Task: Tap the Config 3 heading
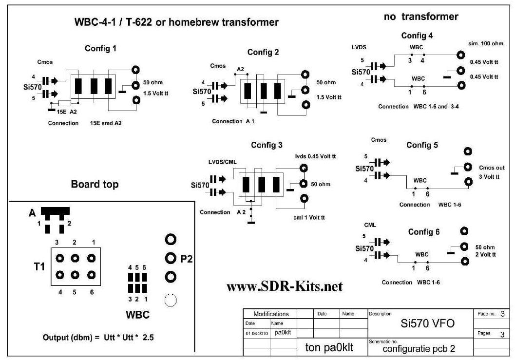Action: coord(267,145)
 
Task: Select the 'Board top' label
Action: coord(94,184)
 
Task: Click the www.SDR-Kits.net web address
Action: coord(285,286)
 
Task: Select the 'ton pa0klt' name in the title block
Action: coord(329,347)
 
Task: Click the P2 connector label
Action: coord(187,259)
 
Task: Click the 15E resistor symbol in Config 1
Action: coord(65,103)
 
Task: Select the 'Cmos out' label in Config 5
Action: coord(491,168)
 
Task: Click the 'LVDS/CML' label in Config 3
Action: coord(216,161)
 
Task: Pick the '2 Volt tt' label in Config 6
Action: coord(486,255)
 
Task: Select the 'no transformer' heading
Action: coord(421,17)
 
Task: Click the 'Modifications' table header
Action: coord(271,314)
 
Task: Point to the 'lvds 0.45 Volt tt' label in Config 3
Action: coord(315,156)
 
